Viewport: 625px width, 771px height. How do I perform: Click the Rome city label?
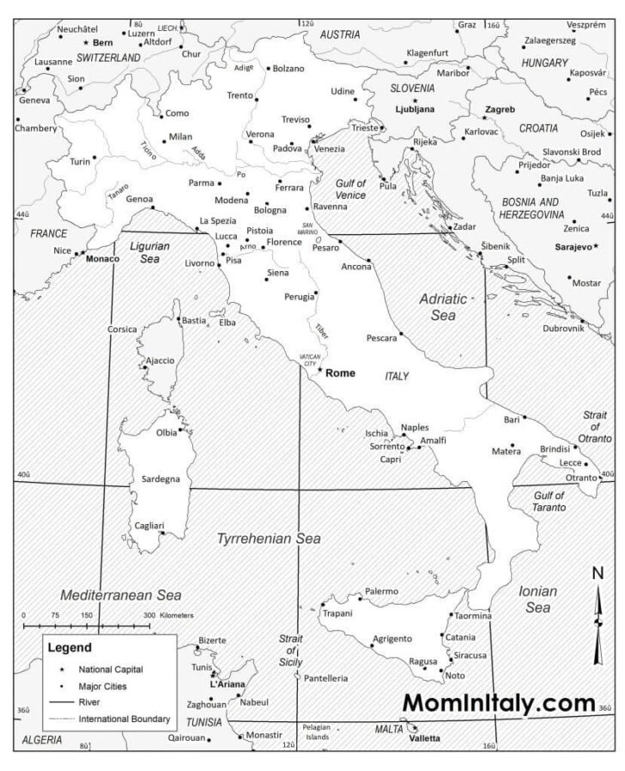[x=341, y=373]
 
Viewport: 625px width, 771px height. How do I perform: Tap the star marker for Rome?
[x=320, y=370]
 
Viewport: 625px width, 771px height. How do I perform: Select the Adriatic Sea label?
[x=442, y=307]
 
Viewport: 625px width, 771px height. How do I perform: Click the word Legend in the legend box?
[x=69, y=648]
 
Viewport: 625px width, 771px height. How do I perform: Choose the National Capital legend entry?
[x=111, y=669]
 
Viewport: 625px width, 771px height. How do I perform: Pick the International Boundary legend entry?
[x=124, y=719]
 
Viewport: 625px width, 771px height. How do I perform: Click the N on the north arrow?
[x=598, y=574]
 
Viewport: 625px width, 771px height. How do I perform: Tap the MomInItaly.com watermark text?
[x=498, y=702]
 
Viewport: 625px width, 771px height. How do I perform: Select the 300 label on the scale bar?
[x=149, y=615]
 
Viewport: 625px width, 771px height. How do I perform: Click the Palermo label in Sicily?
[x=381, y=591]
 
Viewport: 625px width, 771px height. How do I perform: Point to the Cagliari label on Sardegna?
[x=149, y=525]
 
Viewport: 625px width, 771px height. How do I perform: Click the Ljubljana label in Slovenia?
[x=415, y=110]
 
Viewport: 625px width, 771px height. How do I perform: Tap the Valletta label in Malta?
[x=424, y=738]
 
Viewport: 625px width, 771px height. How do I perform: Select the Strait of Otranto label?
[x=595, y=426]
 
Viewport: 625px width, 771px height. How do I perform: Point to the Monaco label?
[x=103, y=258]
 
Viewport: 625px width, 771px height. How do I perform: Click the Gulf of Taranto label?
[x=549, y=501]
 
